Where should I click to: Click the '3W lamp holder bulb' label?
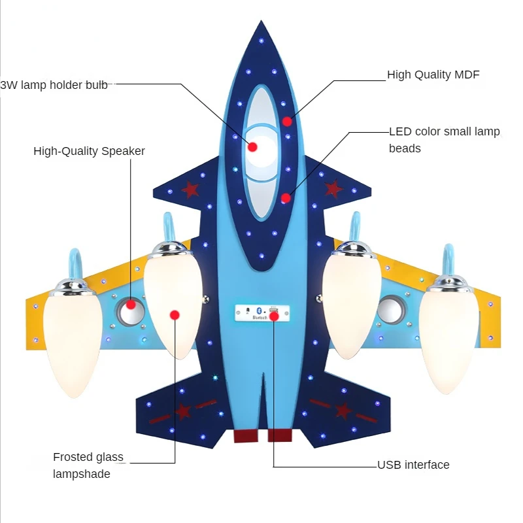coord(54,85)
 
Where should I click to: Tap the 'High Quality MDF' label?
coord(433,75)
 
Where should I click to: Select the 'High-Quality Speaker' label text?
coord(89,151)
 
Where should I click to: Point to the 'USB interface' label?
coord(413,465)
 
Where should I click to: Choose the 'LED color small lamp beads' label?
coord(444,140)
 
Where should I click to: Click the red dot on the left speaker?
coord(131,304)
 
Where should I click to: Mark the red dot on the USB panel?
coord(275,316)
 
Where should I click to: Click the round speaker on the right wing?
coord(391,309)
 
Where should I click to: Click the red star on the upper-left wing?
coord(190,190)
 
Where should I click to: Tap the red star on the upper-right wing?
coord(333,189)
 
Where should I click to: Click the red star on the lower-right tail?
coord(343,411)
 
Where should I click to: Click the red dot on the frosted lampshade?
coord(175,315)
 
